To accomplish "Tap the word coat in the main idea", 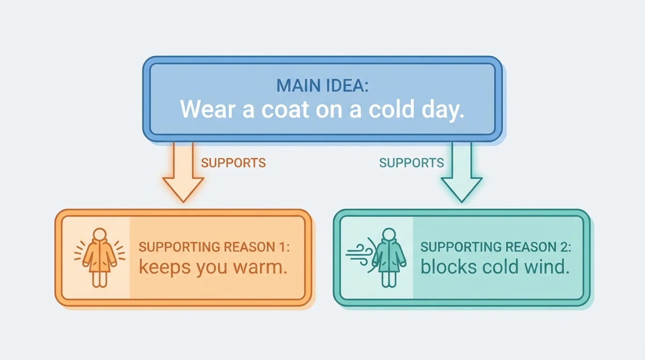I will [285, 109].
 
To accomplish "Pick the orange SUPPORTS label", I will [233, 163].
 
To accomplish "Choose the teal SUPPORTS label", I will [411, 163].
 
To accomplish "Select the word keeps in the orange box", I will [162, 267].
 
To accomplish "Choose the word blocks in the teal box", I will [444, 267].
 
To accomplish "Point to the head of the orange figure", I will [99, 234].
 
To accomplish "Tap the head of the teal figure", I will [388, 234].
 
